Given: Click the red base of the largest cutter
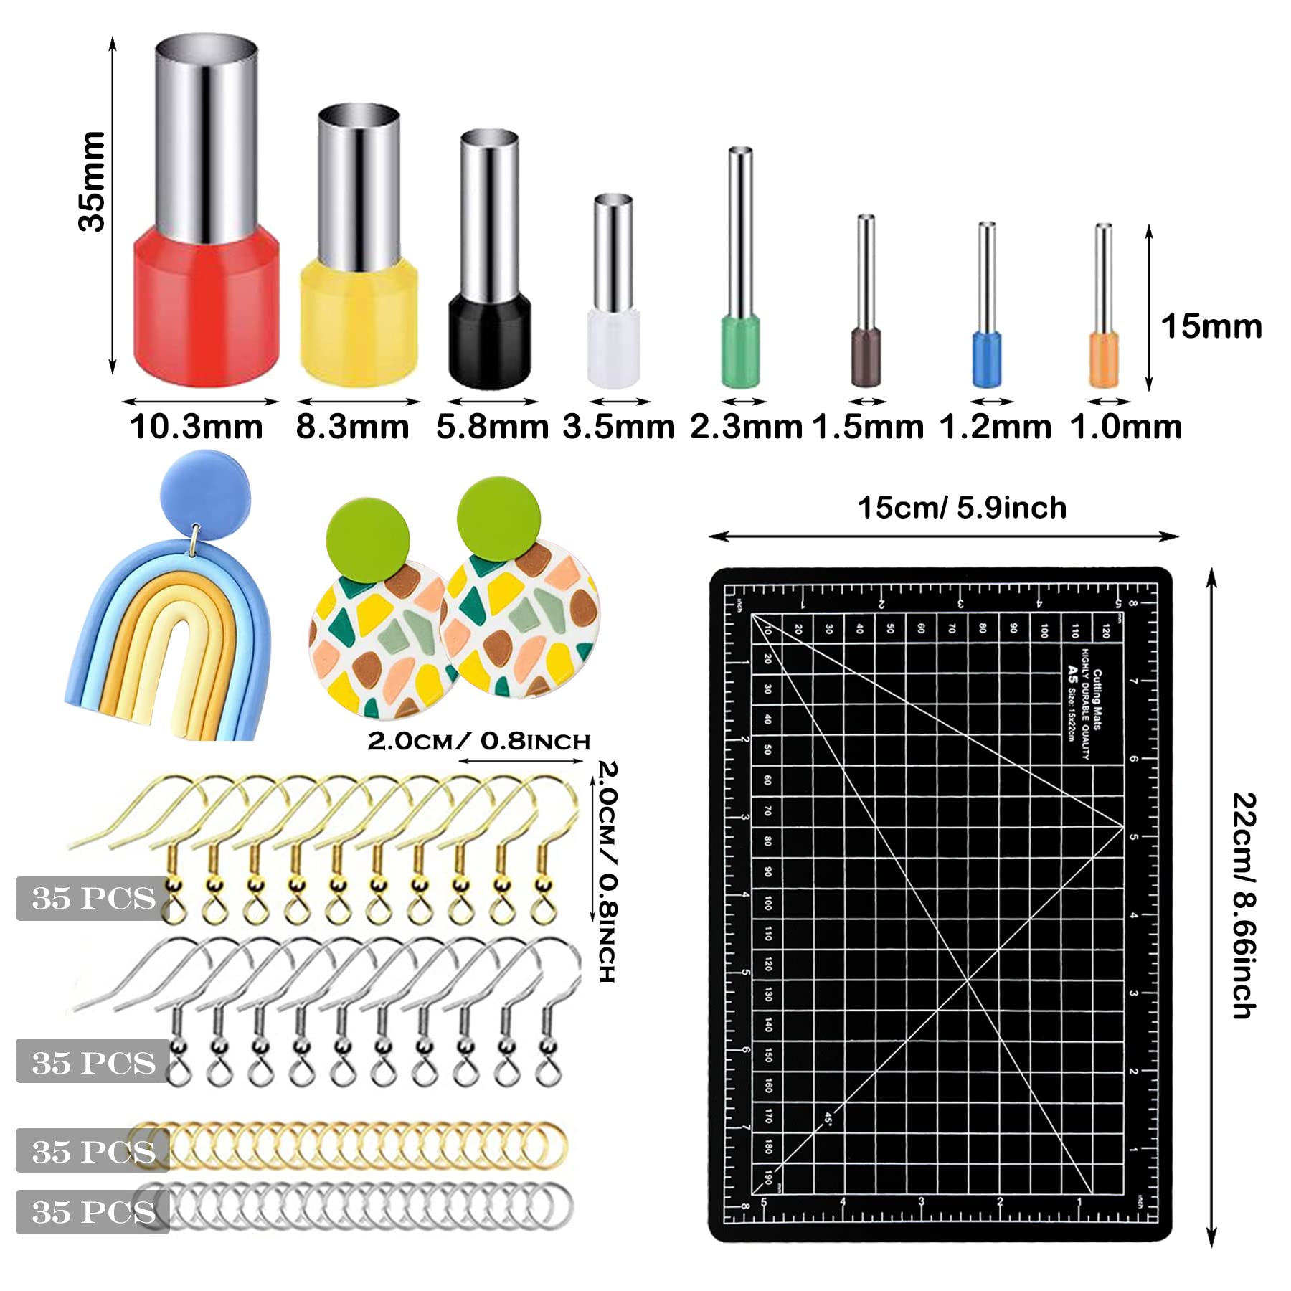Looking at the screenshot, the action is tap(206, 305).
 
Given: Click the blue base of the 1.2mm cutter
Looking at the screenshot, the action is tap(987, 359).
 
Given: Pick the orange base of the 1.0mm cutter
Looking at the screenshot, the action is tap(1104, 360).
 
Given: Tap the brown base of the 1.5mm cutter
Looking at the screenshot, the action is tap(866, 356).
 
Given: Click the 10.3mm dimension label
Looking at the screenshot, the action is tap(197, 427).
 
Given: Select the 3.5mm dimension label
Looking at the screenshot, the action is tap(618, 427).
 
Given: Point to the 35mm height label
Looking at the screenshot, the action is tap(92, 181).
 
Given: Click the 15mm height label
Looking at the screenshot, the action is tap(1211, 326).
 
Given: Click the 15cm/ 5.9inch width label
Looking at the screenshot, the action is tap(962, 508).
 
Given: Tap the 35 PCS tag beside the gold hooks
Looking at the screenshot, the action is tap(93, 898).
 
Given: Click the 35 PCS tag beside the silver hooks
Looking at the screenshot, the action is tap(93, 1062).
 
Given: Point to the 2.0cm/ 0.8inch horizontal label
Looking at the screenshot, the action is tap(479, 741).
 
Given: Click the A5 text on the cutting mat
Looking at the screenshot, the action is tap(1072, 672).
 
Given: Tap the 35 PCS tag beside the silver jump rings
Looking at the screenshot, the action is tap(93, 1211).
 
